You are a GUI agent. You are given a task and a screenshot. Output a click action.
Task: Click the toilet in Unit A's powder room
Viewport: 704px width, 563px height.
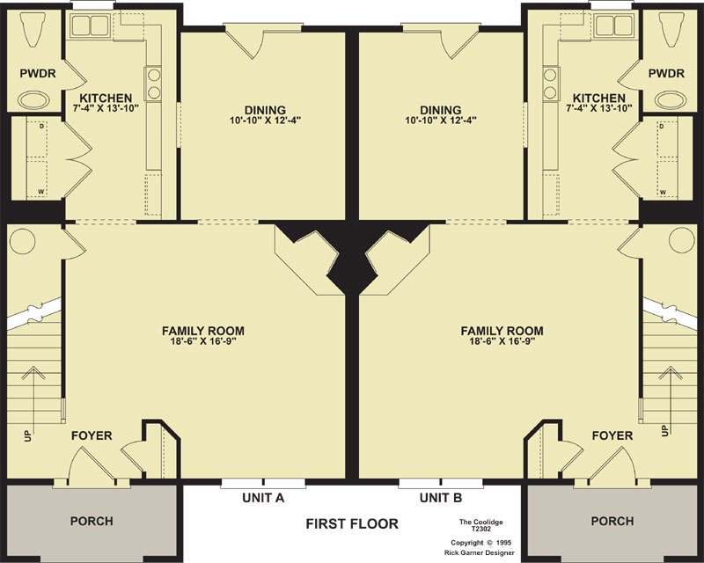tap(33, 28)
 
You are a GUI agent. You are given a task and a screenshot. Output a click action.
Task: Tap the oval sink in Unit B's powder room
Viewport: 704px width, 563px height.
tap(670, 99)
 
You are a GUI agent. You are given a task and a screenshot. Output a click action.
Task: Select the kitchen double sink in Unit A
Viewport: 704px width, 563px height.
tap(91, 26)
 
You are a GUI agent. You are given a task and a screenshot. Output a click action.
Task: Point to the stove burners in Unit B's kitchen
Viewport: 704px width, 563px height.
tap(550, 83)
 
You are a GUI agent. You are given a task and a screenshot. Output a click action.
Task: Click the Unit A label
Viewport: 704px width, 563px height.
tap(263, 497)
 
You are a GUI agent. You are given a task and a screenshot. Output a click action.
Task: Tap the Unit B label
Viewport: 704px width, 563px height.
tap(441, 497)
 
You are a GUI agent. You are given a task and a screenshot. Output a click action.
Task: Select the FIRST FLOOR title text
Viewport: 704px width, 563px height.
tap(352, 523)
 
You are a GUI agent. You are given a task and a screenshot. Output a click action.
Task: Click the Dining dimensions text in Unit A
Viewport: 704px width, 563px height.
tap(265, 121)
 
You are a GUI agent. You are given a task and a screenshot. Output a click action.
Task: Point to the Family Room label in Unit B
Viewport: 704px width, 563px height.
tap(502, 331)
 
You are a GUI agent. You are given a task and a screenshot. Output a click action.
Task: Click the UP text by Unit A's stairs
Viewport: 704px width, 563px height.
tap(28, 435)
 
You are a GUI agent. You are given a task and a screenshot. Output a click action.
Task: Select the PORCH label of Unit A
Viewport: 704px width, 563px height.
tap(92, 522)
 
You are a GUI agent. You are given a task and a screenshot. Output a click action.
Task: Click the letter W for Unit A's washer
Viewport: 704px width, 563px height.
tap(40, 192)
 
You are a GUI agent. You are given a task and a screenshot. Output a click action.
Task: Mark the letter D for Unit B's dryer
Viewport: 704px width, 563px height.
tap(662, 127)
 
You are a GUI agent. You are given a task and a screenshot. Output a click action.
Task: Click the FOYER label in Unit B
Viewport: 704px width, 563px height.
tap(612, 435)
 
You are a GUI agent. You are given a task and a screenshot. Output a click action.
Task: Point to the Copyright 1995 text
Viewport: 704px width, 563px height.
tap(480, 543)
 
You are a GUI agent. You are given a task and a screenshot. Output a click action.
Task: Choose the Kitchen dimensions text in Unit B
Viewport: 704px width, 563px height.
tap(599, 108)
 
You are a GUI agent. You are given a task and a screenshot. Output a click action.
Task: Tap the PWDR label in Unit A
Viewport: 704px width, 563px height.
tap(38, 73)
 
